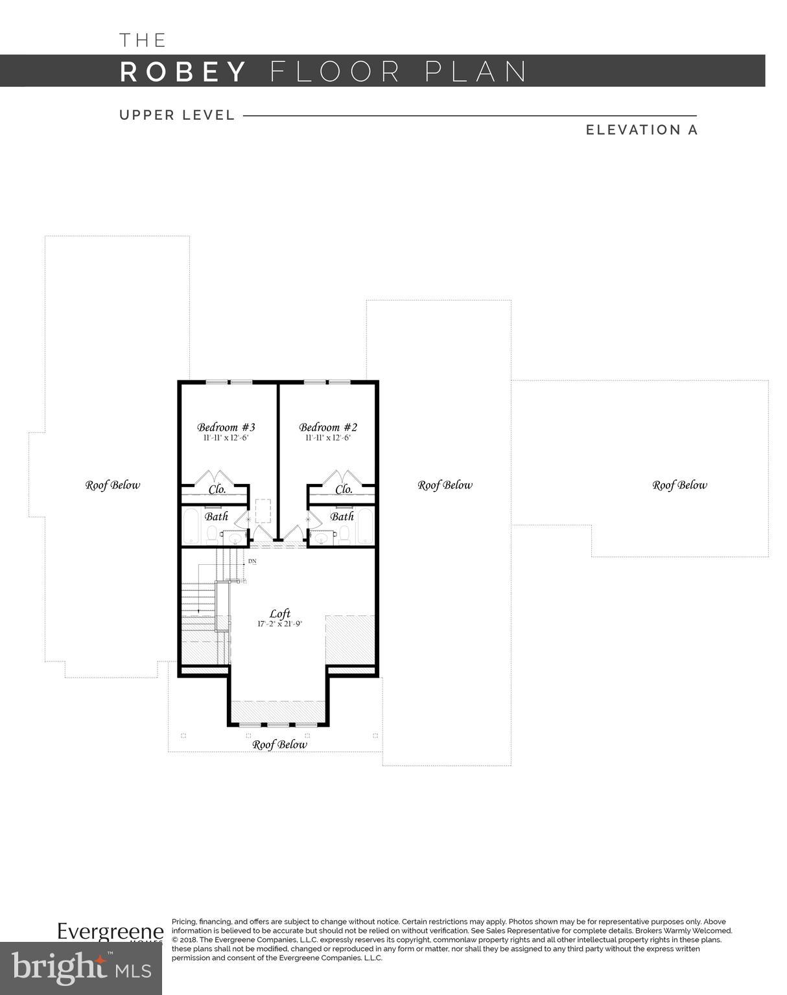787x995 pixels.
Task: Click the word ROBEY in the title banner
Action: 183,71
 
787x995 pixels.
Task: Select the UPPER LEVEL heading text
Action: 177,115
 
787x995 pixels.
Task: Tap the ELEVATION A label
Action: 641,130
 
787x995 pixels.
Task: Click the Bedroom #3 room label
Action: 226,427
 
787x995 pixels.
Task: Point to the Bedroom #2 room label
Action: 327,427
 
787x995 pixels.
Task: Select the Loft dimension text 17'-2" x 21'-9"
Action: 279,624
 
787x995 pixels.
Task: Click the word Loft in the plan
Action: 280,613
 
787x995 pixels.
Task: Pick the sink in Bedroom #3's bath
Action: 234,537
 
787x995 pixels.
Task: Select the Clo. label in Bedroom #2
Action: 344,489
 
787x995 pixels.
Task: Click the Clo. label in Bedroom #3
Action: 217,489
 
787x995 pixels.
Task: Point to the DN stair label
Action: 252,561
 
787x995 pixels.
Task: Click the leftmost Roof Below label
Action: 112,485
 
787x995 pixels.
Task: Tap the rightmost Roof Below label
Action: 679,485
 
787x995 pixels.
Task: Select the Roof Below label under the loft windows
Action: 279,744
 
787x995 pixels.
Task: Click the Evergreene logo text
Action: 110,931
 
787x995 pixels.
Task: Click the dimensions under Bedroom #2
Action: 327,438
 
